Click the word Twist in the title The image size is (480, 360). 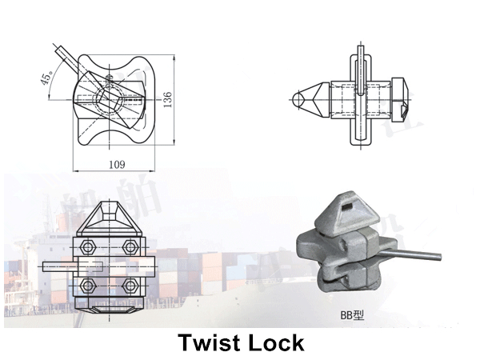[x=209, y=343]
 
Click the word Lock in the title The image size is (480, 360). [x=276, y=343]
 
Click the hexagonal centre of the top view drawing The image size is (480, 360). [x=111, y=98]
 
